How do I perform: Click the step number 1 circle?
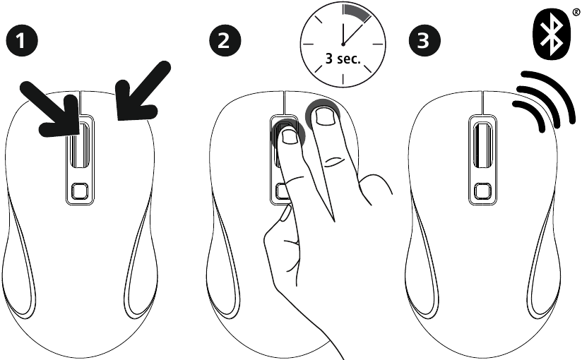click(22, 40)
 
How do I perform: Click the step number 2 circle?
click(225, 40)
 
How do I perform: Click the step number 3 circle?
click(424, 40)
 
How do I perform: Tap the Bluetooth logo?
click(551, 32)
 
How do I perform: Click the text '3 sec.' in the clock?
click(343, 59)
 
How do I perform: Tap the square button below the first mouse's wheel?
click(80, 191)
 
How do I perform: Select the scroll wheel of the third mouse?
click(482, 145)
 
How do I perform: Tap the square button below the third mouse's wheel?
click(482, 191)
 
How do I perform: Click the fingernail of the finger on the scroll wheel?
click(289, 136)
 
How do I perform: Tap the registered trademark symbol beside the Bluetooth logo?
click(576, 13)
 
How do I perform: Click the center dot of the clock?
click(343, 44)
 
